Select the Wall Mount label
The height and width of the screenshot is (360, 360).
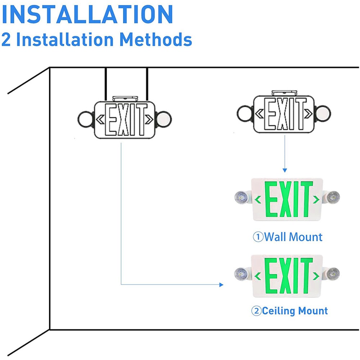(293, 237)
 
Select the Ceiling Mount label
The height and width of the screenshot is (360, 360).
(295, 310)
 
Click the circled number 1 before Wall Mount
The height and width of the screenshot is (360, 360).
(258, 237)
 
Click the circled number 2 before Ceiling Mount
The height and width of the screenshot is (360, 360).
(256, 311)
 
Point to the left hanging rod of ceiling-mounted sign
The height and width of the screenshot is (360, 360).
(105, 84)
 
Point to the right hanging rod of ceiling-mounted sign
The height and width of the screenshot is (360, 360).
(147, 84)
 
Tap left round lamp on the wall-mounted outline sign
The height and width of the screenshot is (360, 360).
(244, 113)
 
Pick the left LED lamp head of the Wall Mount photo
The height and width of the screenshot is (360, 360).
(241, 197)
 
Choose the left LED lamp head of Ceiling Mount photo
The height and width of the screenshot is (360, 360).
(241, 273)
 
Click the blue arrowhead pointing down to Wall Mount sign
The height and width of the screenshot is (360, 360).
(285, 170)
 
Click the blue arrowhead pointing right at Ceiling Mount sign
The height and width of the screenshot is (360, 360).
(221, 285)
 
